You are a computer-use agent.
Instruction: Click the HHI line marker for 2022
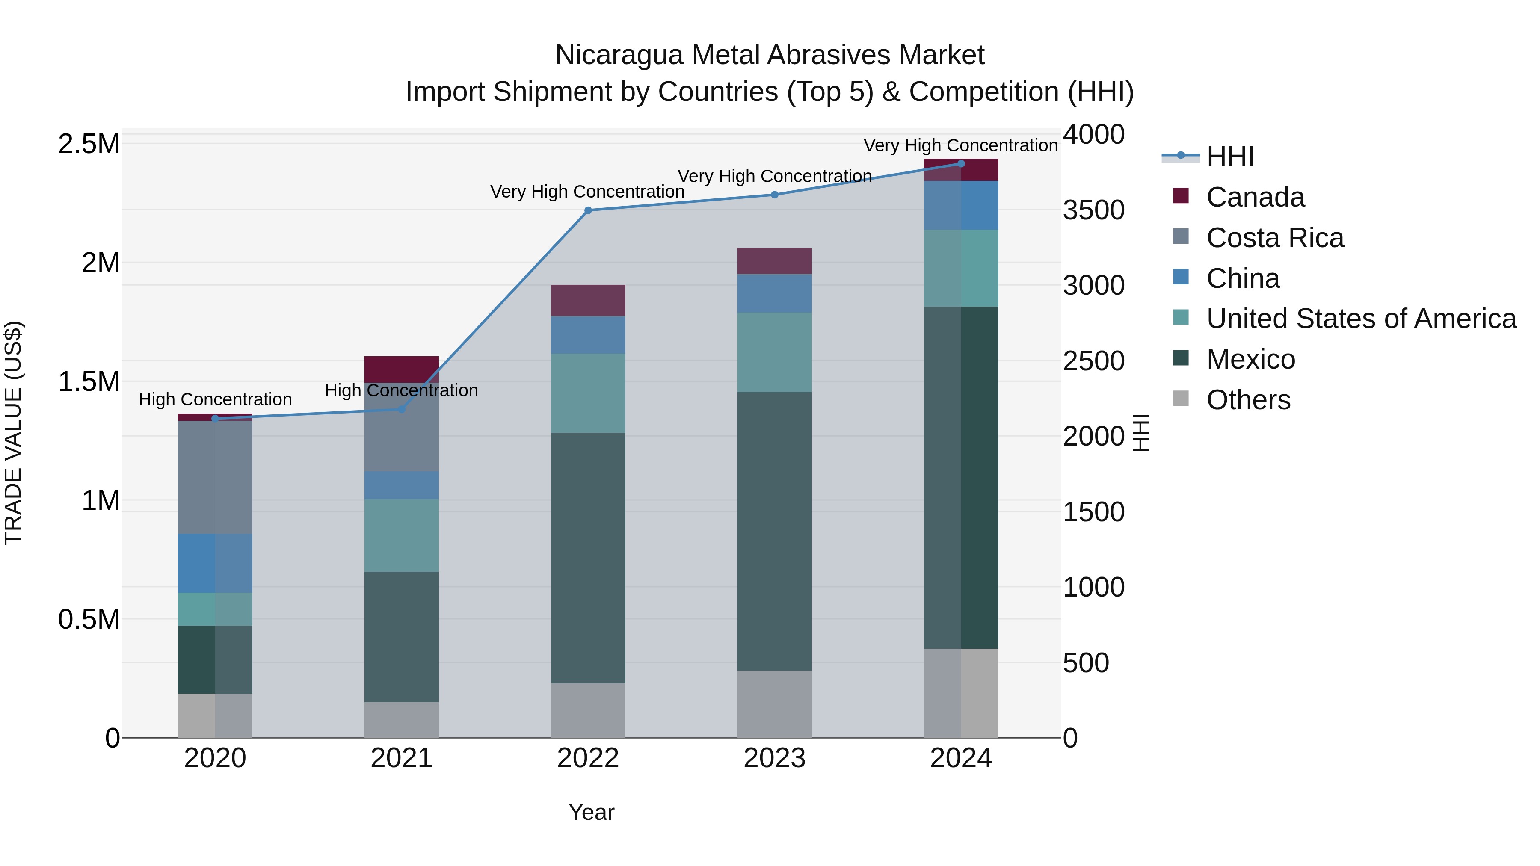coord(588,210)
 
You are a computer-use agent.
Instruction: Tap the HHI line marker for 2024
coord(961,164)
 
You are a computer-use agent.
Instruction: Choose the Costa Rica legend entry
coord(1275,238)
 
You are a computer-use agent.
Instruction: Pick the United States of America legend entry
coord(1361,319)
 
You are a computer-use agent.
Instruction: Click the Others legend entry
coord(1248,400)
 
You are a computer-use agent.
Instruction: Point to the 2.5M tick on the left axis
coord(89,144)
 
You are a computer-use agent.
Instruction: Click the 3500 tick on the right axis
coord(1093,210)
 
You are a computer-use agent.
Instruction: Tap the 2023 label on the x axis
coord(774,758)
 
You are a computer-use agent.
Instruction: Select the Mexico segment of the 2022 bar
coord(588,558)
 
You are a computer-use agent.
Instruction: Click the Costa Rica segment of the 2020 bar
coord(215,477)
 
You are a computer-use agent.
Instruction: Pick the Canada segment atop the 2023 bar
coord(774,261)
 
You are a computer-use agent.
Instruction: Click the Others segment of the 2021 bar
coord(401,720)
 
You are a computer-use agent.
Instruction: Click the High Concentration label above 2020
coord(215,399)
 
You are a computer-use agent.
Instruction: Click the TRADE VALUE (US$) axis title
coord(13,433)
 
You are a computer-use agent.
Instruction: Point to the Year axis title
coord(591,812)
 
